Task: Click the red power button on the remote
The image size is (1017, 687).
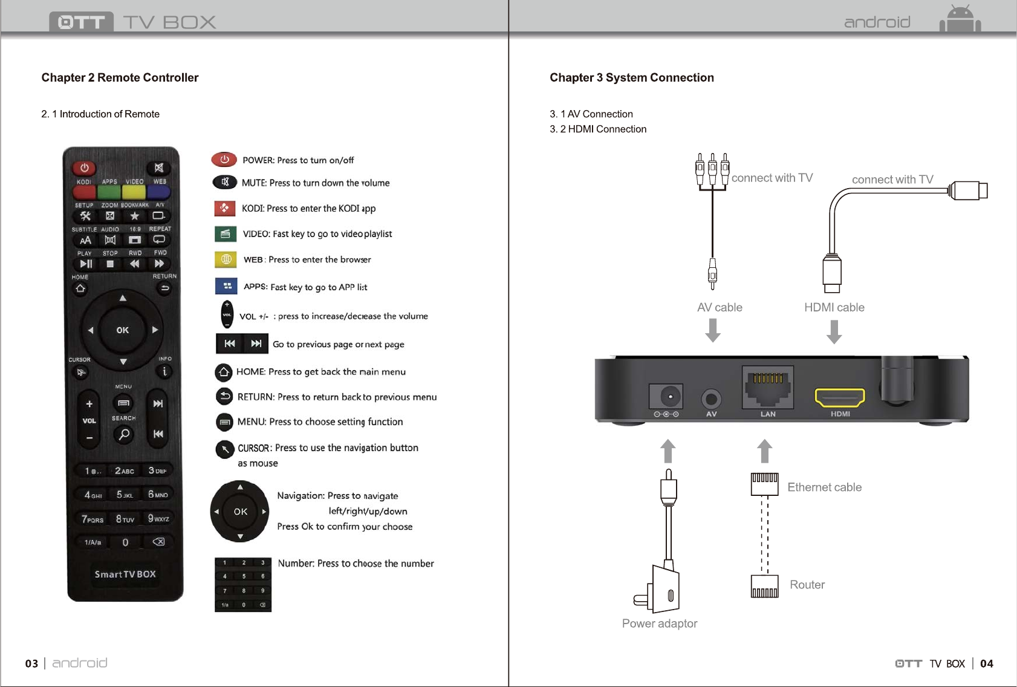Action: point(85,168)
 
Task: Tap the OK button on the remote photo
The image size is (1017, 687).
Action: point(123,330)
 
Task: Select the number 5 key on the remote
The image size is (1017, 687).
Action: point(124,495)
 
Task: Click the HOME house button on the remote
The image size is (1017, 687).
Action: point(80,288)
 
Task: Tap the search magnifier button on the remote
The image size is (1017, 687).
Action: point(124,434)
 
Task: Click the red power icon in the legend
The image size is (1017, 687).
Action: point(224,160)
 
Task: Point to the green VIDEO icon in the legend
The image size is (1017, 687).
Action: point(225,233)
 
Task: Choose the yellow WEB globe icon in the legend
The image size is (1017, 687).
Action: point(226,259)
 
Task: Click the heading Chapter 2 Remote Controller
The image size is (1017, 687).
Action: point(120,77)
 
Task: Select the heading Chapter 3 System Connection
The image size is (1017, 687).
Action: point(631,77)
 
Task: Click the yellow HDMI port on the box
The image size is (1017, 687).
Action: point(840,397)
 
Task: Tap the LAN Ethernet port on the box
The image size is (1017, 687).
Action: point(768,388)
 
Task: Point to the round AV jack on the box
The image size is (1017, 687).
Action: point(712,399)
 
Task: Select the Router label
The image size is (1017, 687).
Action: point(807,585)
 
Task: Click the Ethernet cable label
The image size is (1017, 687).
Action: point(824,487)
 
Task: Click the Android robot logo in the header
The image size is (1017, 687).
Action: point(960,19)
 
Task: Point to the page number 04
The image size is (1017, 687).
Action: point(986,663)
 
